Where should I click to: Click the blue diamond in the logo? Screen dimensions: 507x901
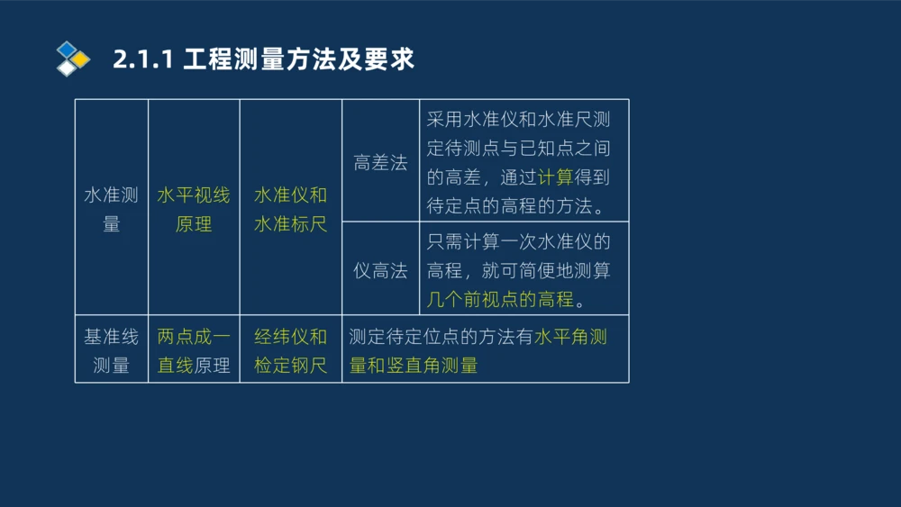(66, 50)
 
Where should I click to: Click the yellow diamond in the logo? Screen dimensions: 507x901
(81, 59)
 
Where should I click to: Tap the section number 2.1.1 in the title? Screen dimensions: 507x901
(144, 59)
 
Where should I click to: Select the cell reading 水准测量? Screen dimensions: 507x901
(111, 209)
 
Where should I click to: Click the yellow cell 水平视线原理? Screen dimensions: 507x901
(194, 209)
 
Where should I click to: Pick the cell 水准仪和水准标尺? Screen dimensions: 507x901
(290, 209)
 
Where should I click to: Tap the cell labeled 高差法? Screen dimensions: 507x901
(380, 163)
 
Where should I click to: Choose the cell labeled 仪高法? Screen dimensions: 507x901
(380, 270)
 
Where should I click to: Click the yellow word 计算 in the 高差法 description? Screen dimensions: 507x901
(555, 177)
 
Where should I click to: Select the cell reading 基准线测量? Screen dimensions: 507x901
(111, 350)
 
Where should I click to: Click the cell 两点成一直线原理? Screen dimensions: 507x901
(194, 350)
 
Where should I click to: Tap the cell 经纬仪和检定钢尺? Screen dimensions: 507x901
(290, 350)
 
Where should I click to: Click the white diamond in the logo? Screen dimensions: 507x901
(66, 68)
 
